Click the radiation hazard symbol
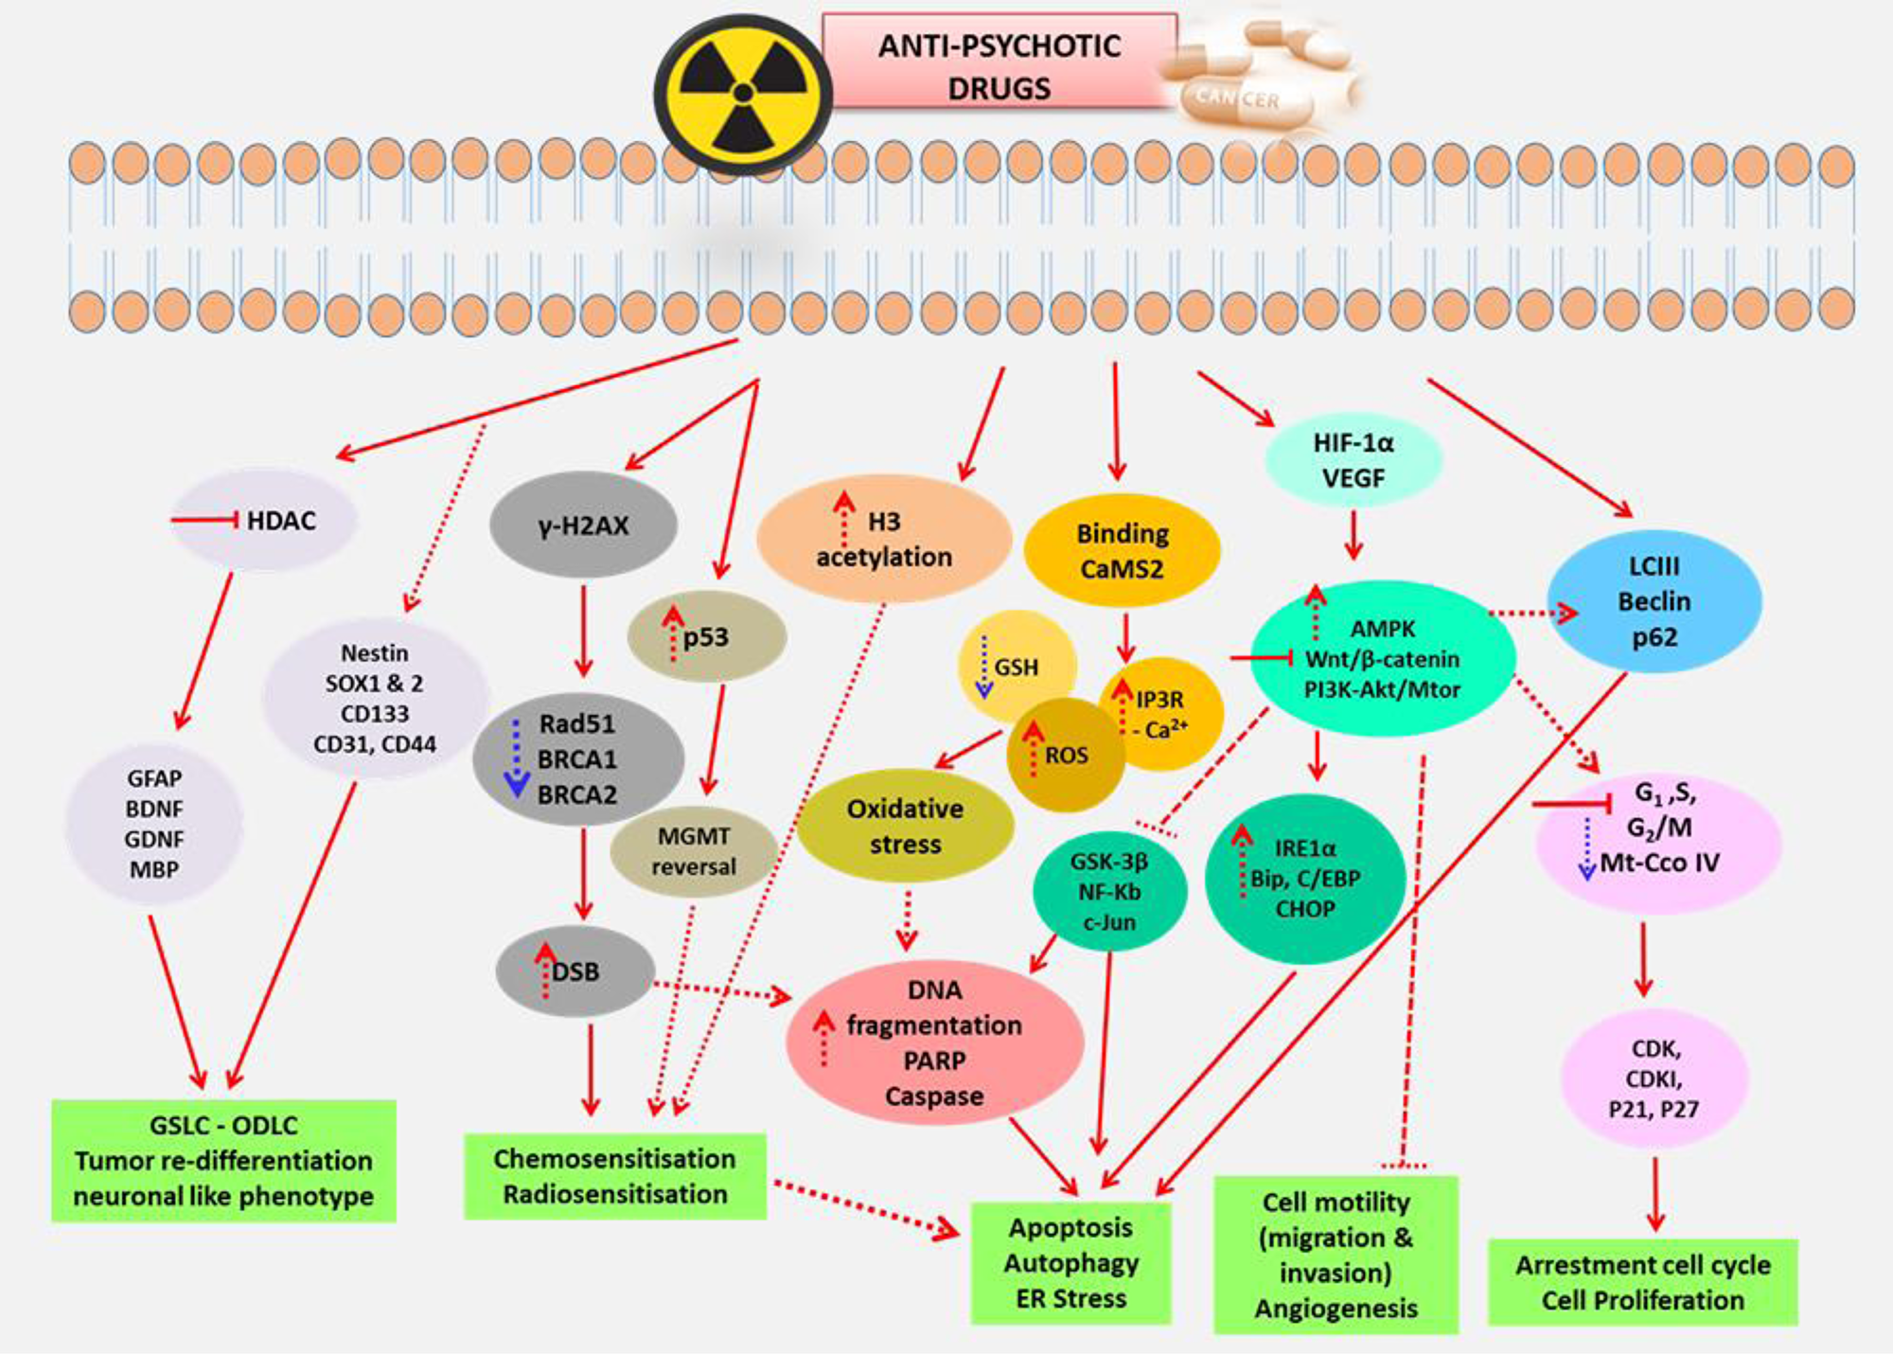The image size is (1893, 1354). (743, 93)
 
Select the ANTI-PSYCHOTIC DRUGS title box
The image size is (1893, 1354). (999, 66)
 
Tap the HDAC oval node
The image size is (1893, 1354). (265, 520)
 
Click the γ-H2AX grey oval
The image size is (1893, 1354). (583, 526)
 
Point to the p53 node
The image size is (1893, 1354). (706, 637)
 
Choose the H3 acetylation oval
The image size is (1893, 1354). (884, 540)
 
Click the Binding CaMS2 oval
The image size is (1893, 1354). (1122, 550)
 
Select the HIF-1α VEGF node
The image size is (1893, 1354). (1353, 460)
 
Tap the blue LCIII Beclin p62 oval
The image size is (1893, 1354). (1654, 601)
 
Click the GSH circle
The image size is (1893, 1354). (1016, 667)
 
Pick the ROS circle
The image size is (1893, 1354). (1065, 756)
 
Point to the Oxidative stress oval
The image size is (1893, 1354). (905, 826)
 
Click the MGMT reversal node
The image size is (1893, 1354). (693, 851)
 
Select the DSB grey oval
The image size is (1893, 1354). (575, 971)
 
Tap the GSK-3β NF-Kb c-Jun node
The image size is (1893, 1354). (1108, 891)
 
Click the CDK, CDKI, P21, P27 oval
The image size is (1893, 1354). (1653, 1078)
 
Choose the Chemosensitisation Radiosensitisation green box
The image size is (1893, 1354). (614, 1176)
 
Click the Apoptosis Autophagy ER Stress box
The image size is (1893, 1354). (1070, 1262)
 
